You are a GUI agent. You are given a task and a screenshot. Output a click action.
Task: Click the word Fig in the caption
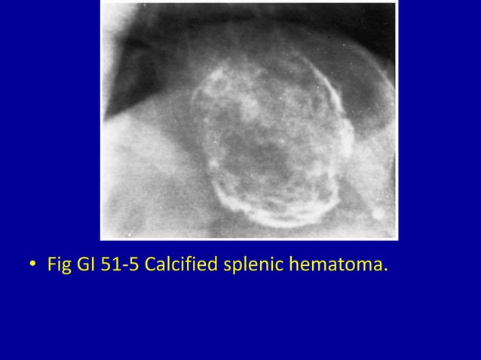coord(57,266)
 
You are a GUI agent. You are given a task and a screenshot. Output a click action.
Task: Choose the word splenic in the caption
coord(250,267)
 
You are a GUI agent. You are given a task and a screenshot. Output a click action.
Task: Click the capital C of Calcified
coord(149,266)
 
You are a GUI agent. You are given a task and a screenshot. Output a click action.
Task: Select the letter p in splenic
coord(234,268)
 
